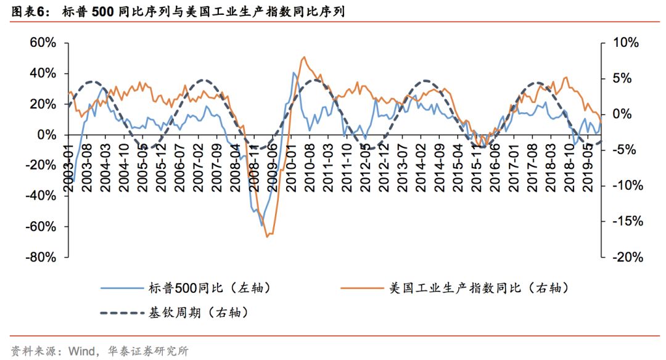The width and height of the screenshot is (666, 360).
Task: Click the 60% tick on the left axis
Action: (x=43, y=43)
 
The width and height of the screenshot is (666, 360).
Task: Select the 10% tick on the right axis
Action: (x=625, y=43)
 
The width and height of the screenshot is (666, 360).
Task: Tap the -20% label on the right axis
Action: (x=625, y=257)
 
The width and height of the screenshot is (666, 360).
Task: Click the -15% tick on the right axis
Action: (x=625, y=221)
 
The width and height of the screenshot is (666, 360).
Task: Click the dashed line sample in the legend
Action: (x=121, y=313)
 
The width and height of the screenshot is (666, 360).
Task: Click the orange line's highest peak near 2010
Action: (x=303, y=57)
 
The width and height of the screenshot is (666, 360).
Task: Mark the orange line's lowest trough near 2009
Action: (x=267, y=236)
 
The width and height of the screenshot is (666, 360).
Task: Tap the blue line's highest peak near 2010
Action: (x=294, y=73)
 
